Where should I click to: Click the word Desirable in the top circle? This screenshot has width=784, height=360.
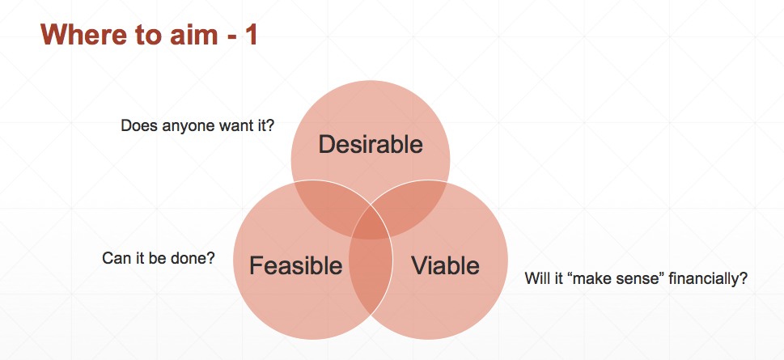pyautogui.click(x=371, y=145)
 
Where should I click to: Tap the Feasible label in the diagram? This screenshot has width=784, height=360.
pyautogui.click(x=295, y=265)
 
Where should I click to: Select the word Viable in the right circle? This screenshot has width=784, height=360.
pyautogui.click(x=445, y=265)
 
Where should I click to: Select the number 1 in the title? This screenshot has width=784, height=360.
pyautogui.click(x=251, y=35)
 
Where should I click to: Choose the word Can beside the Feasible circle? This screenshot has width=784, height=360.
pyautogui.click(x=114, y=258)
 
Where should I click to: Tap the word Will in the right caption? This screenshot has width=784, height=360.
pyautogui.click(x=535, y=278)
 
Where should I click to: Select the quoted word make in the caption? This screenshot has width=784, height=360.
pyautogui.click(x=588, y=278)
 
